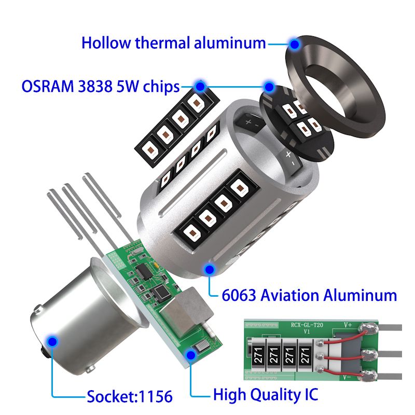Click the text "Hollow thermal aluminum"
pos(174,43)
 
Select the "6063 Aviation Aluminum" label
pos(309,296)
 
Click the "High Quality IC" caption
pos(265,395)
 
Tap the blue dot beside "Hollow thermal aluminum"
pos(295,45)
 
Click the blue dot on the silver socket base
pos(52,341)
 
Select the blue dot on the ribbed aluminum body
pos(210,269)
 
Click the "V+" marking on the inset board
pos(348,326)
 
